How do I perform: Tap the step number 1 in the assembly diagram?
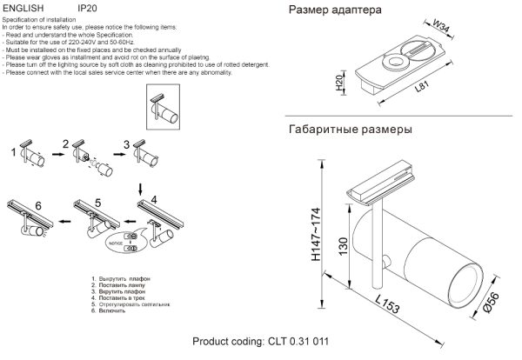pos(12,155)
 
